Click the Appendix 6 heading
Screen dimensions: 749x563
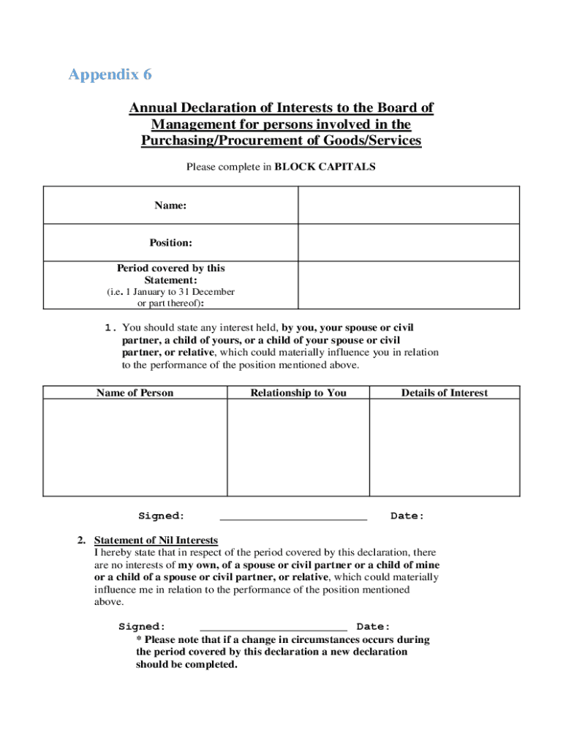point(110,75)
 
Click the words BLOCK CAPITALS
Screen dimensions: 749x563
point(325,167)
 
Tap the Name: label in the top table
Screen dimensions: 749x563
point(170,206)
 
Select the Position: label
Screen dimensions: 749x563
point(170,242)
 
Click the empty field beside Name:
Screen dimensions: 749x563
point(409,205)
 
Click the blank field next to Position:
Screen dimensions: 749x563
point(409,242)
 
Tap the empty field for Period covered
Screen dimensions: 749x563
point(409,285)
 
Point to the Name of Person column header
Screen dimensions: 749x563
point(135,393)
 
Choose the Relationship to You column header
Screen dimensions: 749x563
point(298,393)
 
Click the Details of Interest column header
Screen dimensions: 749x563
point(444,393)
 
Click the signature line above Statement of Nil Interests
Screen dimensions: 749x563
point(293,517)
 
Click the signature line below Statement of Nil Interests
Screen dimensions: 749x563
point(273,628)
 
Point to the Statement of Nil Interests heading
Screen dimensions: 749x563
point(156,541)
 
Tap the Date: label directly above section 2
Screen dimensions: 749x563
point(407,516)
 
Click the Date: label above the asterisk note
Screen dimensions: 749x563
point(373,627)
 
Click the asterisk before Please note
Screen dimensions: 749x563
point(139,639)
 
